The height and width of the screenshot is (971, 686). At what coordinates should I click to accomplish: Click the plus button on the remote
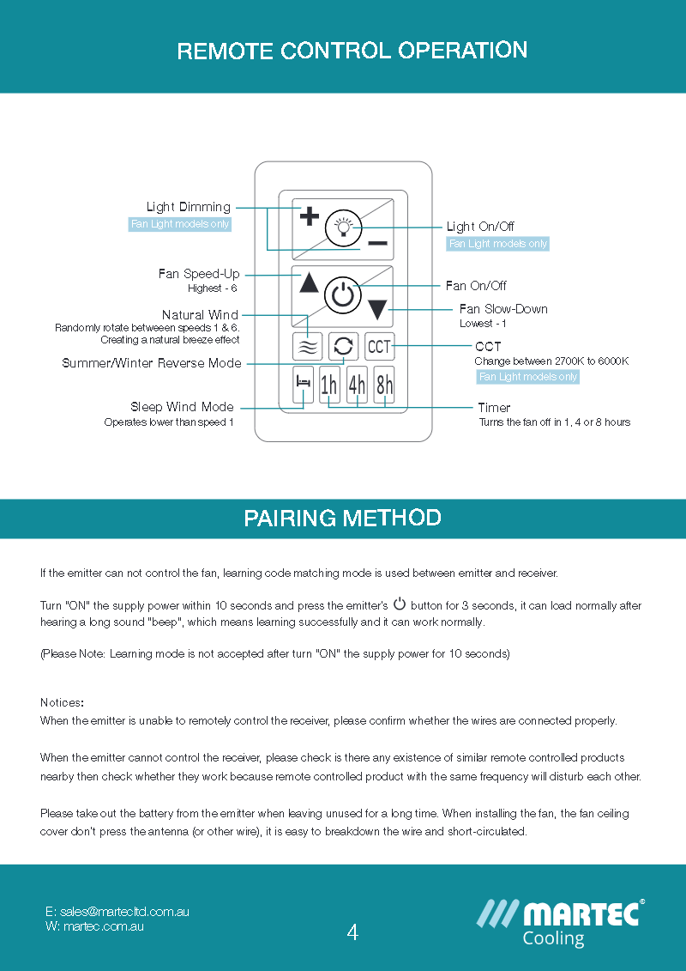pyautogui.click(x=309, y=216)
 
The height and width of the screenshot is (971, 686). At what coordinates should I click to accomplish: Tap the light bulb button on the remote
pyautogui.click(x=343, y=228)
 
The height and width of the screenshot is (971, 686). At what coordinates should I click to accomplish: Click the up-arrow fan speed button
pyautogui.click(x=309, y=282)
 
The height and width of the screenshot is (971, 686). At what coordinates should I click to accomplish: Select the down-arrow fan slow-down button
pyautogui.click(x=377, y=310)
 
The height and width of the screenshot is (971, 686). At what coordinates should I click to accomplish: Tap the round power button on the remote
pyautogui.click(x=342, y=296)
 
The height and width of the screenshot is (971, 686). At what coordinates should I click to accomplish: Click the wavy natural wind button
pyautogui.click(x=308, y=347)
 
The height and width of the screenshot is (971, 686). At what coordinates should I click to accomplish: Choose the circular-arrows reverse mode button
pyautogui.click(x=343, y=346)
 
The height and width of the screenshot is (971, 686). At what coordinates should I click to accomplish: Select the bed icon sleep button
pyautogui.click(x=303, y=385)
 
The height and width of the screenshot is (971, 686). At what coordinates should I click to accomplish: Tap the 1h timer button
pyautogui.click(x=329, y=385)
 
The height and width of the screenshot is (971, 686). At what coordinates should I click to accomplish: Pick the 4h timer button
pyautogui.click(x=357, y=385)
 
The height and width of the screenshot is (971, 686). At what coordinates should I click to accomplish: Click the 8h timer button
pyautogui.click(x=384, y=385)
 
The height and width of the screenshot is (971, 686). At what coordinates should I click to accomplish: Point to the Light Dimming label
pyautogui.click(x=188, y=207)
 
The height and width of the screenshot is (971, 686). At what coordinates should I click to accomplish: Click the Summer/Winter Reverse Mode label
pyautogui.click(x=152, y=363)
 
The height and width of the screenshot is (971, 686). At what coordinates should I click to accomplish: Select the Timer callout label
pyautogui.click(x=494, y=408)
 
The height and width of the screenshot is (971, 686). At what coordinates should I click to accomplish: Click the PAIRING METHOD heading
pyautogui.click(x=342, y=519)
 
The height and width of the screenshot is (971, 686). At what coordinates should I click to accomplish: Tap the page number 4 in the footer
pyautogui.click(x=352, y=932)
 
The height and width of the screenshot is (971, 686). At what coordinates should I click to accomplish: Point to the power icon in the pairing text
pyautogui.click(x=399, y=604)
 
